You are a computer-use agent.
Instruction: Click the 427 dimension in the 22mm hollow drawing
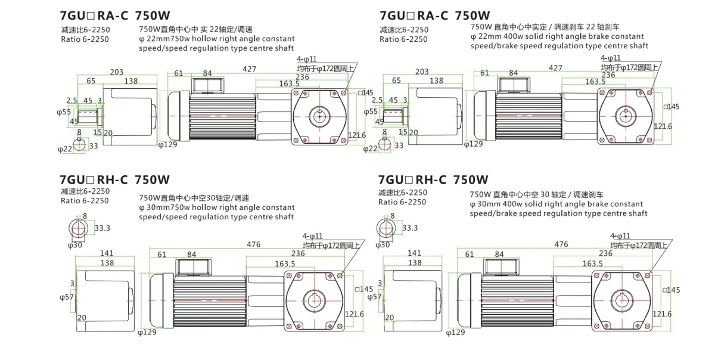[x=250, y=69]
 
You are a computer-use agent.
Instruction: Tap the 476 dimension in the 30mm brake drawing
[x=561, y=244]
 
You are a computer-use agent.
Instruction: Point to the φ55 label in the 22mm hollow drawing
[x=66, y=111]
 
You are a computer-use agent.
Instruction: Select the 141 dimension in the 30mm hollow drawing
[x=107, y=253]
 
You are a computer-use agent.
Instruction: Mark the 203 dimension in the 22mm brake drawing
[x=422, y=72]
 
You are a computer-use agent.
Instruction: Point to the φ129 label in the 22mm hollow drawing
[x=167, y=144]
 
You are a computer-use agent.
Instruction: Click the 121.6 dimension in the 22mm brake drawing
[x=663, y=126]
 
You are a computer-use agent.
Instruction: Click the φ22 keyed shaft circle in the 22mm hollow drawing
[x=82, y=145]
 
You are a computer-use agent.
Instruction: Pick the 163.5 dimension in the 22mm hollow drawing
[x=289, y=83]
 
